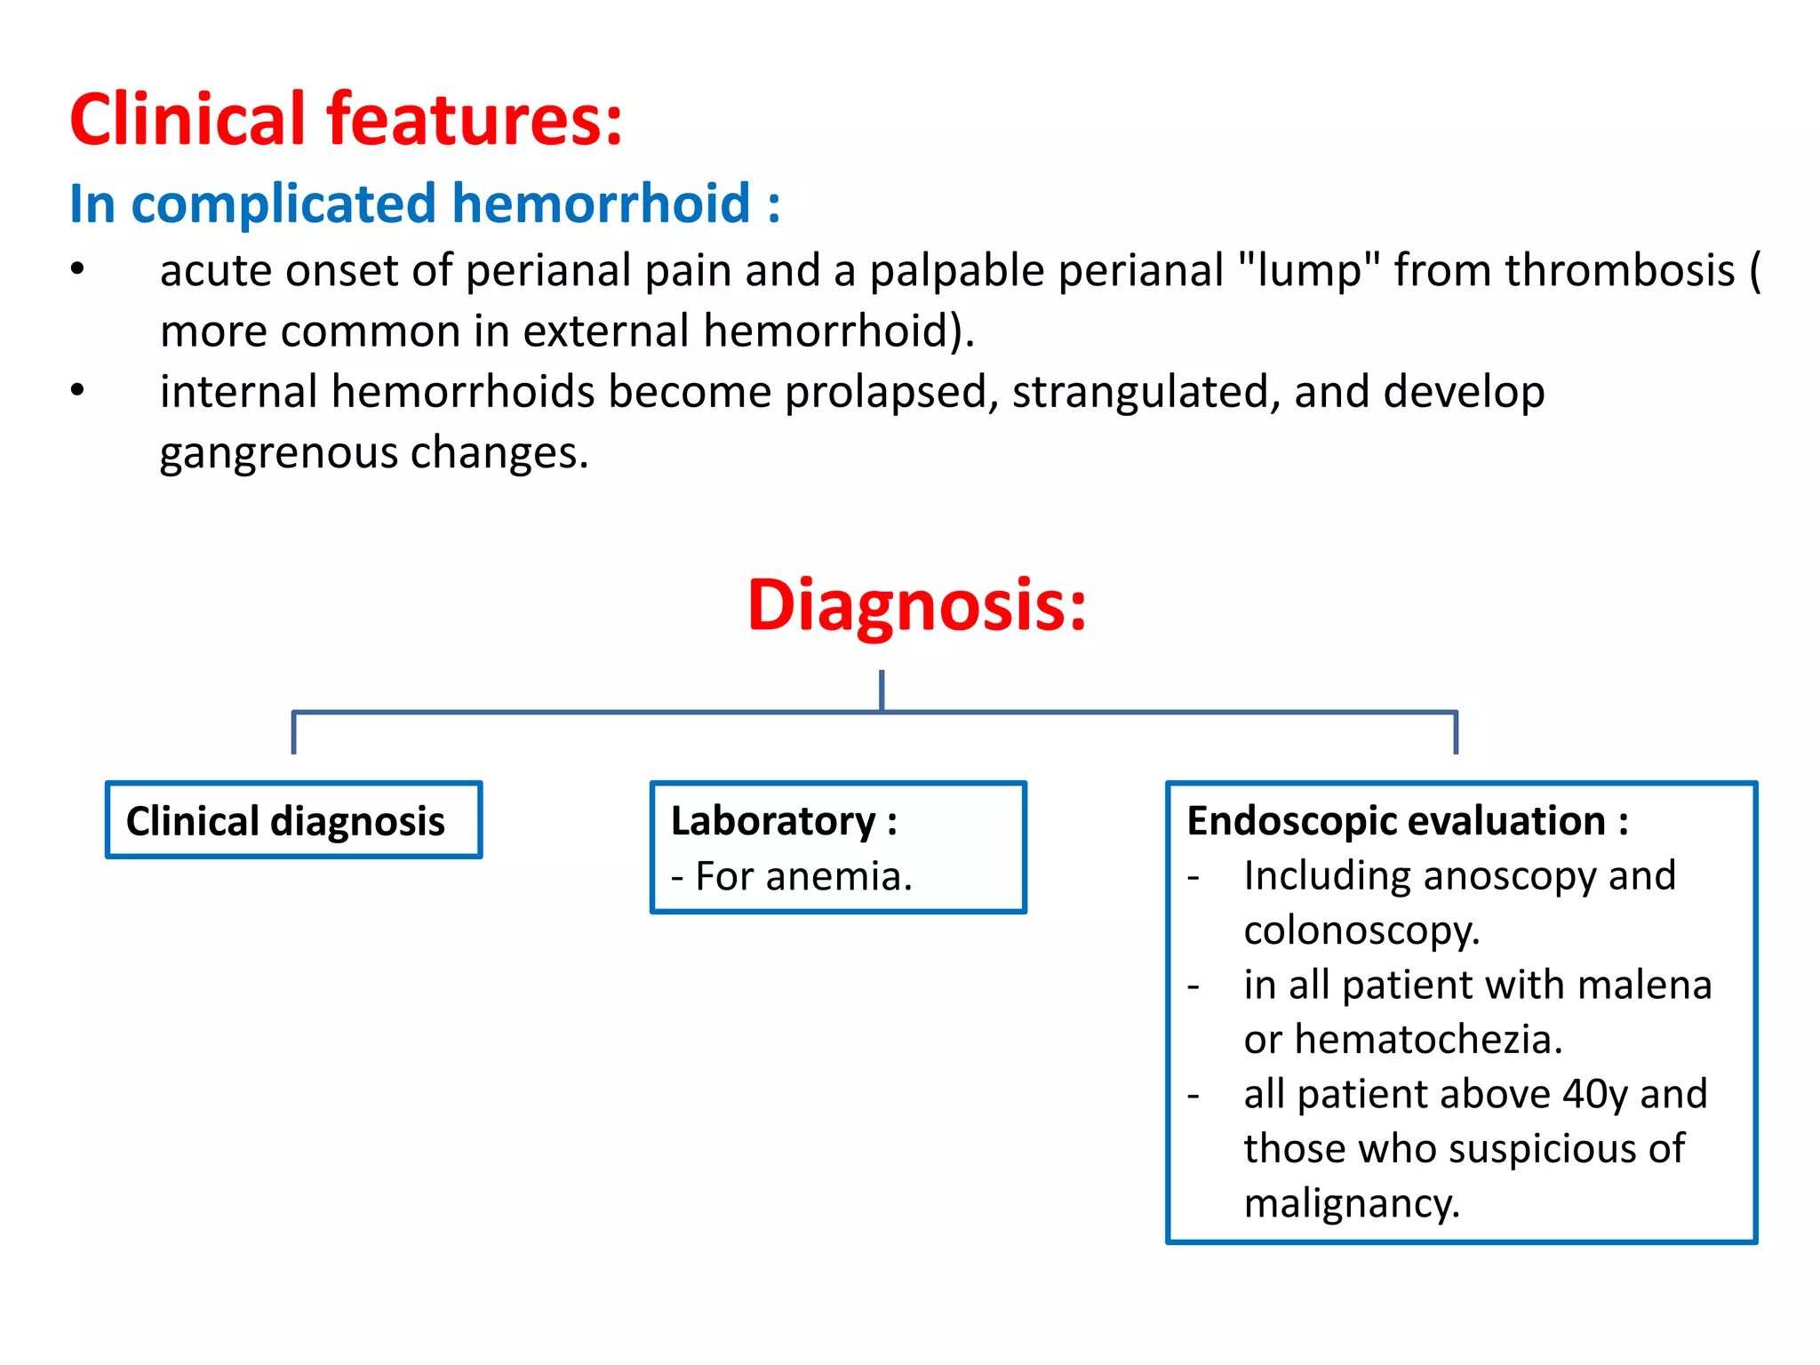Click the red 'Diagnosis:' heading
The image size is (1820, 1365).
click(x=916, y=605)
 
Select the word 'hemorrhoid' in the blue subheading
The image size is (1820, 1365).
click(x=602, y=204)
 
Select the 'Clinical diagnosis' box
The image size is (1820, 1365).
click(x=293, y=820)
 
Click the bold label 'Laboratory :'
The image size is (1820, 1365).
click(x=783, y=820)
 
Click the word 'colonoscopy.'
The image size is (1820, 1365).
click(x=1361, y=930)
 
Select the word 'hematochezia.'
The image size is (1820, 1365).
click(x=1428, y=1039)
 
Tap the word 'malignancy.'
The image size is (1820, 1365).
click(x=1351, y=1203)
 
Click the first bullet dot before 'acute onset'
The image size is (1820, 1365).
click(x=78, y=269)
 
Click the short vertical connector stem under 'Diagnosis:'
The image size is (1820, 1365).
click(x=881, y=690)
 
